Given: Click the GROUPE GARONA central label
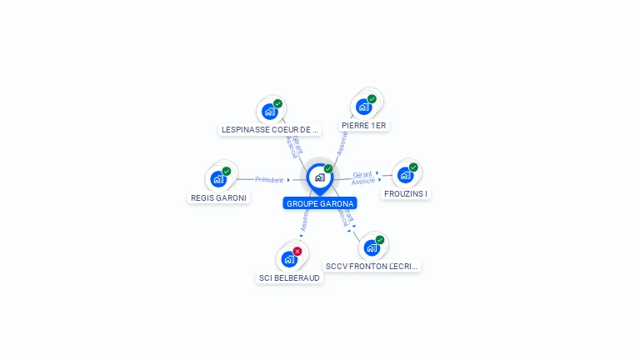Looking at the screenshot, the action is point(320,203).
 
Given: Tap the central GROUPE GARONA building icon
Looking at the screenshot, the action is point(319,177).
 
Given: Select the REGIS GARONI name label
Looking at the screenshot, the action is point(218,198).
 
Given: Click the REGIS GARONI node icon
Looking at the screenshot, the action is point(218,178).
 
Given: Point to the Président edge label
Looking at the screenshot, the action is point(269,179).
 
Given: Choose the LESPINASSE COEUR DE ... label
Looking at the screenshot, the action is point(270,130).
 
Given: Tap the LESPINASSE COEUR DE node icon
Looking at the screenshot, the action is point(269,111).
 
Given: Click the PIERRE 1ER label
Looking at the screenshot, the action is point(364,126).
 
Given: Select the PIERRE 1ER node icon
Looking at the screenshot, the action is point(363,106).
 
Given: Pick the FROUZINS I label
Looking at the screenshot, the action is point(406,194).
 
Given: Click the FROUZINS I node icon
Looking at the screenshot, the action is point(405,175).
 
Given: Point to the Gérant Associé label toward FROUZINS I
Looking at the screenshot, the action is point(362,177).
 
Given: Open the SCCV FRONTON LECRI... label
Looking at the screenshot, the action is point(372,267).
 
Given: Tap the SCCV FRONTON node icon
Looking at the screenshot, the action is point(371,247).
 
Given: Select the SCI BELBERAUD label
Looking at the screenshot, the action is point(289,278).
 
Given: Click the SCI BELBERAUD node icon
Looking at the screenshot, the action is point(288,258).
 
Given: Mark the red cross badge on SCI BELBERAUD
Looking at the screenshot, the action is point(297,251).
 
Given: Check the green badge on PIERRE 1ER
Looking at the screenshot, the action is point(372,98).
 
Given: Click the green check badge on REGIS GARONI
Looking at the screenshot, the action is point(227,171).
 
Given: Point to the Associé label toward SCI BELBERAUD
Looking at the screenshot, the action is point(305,220).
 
